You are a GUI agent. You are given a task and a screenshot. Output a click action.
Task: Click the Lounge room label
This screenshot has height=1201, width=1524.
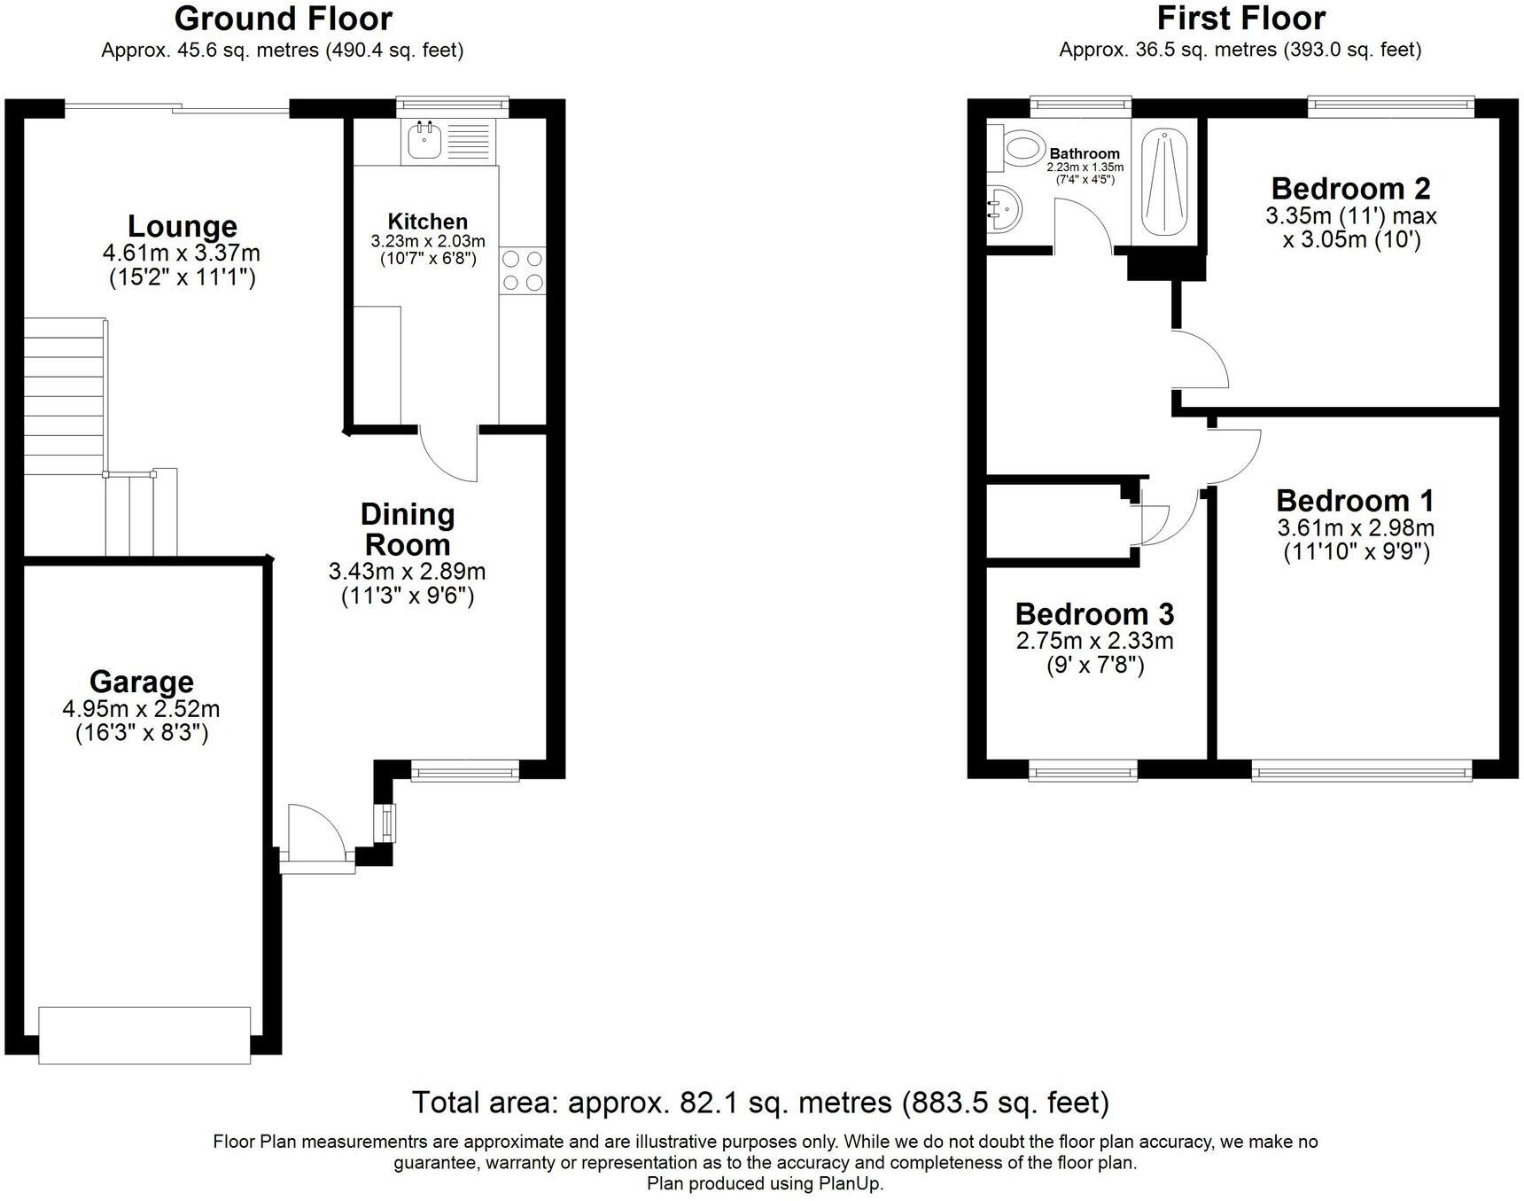pos(183,227)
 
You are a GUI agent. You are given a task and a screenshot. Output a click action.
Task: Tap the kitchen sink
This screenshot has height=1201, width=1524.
pos(426,139)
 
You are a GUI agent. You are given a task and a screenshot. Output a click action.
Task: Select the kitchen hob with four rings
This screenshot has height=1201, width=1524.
pos(523,270)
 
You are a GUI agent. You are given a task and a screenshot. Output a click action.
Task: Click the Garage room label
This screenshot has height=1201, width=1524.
pos(142,682)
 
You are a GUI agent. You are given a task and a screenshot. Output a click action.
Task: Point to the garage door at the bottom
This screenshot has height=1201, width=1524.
pos(145,1034)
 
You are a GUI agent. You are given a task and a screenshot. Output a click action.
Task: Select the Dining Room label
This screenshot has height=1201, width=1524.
pos(408,529)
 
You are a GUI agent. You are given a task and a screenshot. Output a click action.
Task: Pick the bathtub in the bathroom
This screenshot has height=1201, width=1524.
pos(1164,183)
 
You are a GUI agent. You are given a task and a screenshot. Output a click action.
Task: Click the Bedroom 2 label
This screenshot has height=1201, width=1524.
pos(1351,189)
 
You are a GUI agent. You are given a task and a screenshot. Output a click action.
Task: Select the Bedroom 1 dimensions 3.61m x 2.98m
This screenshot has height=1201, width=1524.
pos(1356,528)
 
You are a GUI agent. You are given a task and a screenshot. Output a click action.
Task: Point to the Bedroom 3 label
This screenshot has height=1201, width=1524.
pos(1095,614)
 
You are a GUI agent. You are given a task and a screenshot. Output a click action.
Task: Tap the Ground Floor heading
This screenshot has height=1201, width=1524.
pos(284,18)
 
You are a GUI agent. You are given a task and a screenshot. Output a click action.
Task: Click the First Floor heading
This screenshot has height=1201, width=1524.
pos(1241,18)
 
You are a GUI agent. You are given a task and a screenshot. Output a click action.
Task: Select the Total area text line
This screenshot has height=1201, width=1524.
pos(761,1103)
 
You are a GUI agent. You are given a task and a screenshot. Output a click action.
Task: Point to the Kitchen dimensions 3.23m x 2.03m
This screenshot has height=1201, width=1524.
pos(428,241)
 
